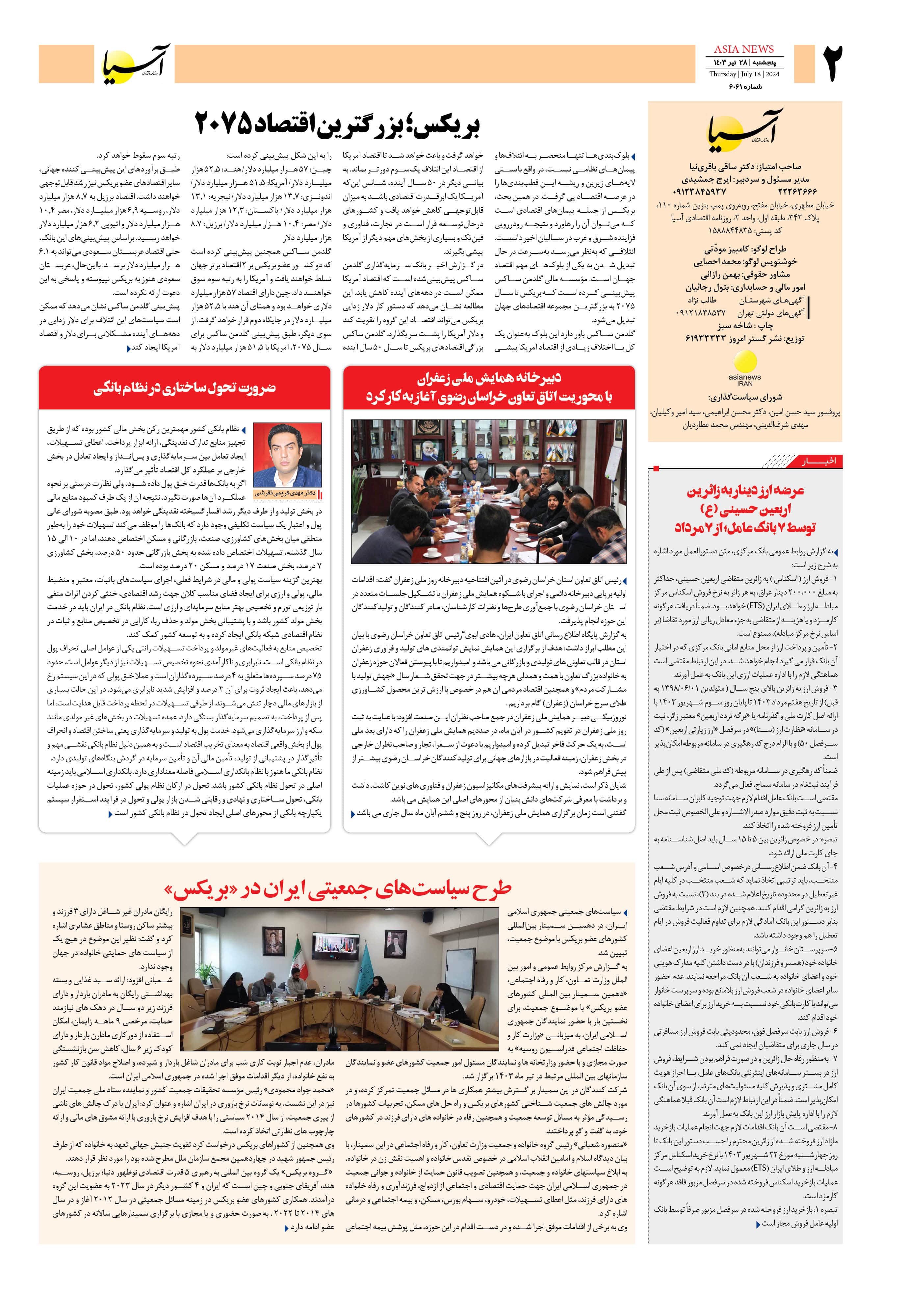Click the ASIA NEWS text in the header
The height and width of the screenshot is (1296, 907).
(744, 49)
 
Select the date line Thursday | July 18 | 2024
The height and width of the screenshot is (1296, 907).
(744, 74)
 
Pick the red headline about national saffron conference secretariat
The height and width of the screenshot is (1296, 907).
(489, 387)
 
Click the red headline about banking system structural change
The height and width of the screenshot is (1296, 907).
(185, 388)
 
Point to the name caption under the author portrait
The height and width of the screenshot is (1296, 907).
(286, 493)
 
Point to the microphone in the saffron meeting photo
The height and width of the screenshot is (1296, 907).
(556, 528)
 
